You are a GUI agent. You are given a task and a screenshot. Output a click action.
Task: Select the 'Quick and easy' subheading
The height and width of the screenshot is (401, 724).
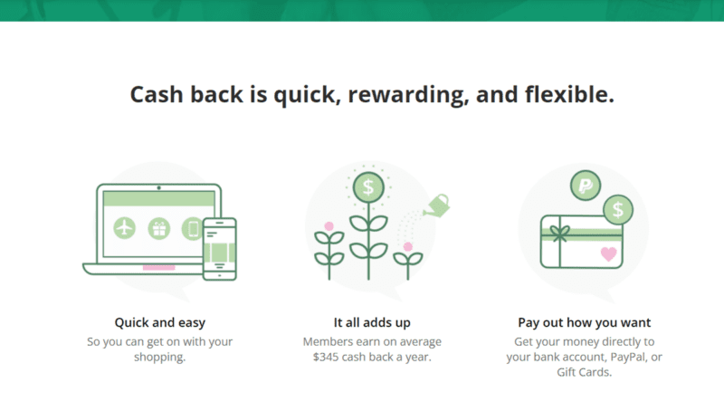[x=160, y=322]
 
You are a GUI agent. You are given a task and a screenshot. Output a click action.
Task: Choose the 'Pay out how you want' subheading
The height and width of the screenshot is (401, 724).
[x=585, y=322]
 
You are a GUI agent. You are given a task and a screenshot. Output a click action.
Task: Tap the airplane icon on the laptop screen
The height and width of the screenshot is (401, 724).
[x=125, y=227]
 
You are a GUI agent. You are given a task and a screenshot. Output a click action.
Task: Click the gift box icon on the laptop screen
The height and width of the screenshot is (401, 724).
[x=159, y=227]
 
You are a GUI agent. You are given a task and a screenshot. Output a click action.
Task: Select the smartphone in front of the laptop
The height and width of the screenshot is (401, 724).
[x=219, y=249]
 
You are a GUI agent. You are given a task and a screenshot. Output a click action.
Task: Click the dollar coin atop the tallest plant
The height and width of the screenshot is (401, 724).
[x=367, y=188]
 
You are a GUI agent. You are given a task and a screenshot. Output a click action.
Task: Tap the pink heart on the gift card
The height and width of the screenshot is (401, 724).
[x=609, y=253]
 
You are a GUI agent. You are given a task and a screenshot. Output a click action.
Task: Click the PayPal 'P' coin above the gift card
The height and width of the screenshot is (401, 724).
[x=586, y=188]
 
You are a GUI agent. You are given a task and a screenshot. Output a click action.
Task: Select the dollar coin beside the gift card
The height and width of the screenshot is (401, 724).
[x=617, y=210]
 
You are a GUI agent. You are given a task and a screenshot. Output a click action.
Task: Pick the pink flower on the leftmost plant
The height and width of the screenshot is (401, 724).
[x=329, y=225]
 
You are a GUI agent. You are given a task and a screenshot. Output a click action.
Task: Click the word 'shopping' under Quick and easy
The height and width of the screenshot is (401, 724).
[x=160, y=358]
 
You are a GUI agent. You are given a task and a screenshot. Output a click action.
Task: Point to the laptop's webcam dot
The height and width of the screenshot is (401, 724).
[x=159, y=186]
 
